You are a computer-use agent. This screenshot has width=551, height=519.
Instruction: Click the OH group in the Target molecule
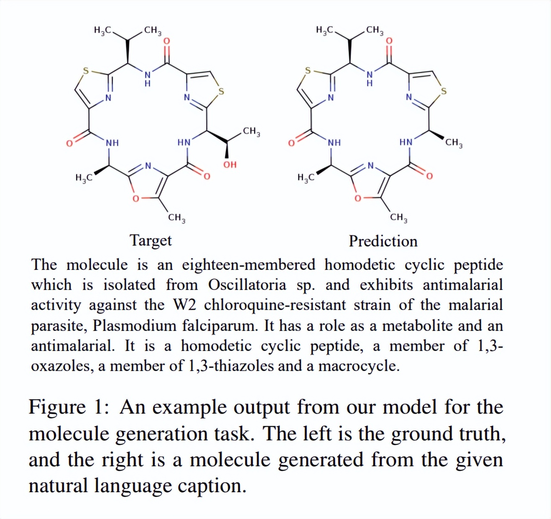coord(230,165)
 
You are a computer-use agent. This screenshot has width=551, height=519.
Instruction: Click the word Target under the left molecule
coord(151,240)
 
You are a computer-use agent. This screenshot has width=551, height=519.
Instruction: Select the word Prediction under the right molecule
coord(383,241)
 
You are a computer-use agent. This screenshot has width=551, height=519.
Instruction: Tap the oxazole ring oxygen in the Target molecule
coord(136,198)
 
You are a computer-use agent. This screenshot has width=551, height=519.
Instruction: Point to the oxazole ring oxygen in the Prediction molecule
coord(358,198)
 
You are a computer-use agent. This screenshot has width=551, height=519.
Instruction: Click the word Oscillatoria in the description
coord(247,285)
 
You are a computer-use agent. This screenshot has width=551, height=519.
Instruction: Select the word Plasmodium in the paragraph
coord(134,326)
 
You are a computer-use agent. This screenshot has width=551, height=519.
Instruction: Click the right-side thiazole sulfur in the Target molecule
coord(221,91)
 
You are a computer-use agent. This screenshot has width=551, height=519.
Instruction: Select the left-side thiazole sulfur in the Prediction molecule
coord(308,71)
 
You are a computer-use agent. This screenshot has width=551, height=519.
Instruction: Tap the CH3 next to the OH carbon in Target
coord(251,132)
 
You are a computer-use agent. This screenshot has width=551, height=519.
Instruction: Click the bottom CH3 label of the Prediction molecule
coord(399,217)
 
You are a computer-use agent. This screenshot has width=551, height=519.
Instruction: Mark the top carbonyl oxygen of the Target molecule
coord(166,41)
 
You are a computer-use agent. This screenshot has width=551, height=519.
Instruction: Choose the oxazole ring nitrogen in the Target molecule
coord(148,165)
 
